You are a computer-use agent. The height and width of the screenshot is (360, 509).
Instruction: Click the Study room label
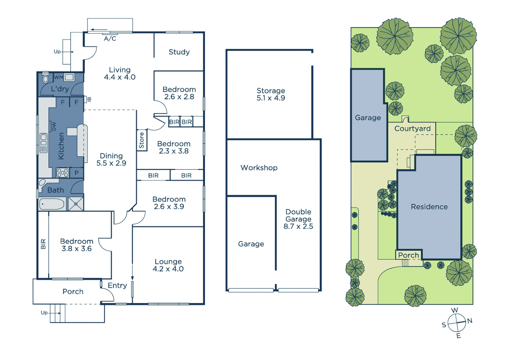(x=179, y=52)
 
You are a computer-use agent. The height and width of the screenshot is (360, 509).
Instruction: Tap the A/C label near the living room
(x=110, y=39)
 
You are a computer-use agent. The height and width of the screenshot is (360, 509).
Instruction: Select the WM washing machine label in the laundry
(x=59, y=77)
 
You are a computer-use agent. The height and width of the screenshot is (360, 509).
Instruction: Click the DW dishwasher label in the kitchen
(x=54, y=127)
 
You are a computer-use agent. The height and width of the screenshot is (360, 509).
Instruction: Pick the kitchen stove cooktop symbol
(x=63, y=173)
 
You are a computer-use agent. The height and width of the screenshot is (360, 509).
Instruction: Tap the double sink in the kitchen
(x=44, y=143)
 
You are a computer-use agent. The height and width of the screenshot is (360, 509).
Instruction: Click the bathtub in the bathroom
(x=52, y=204)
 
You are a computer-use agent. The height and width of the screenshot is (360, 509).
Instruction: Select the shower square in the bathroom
(x=76, y=204)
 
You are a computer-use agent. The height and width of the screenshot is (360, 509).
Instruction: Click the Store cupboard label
(x=142, y=140)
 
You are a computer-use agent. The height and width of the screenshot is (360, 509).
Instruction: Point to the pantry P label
(x=77, y=173)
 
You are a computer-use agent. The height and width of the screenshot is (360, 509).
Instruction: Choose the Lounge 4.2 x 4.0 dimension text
(x=168, y=269)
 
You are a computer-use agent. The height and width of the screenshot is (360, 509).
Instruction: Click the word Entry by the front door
(x=117, y=285)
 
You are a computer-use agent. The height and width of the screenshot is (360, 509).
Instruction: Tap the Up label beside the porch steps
(x=44, y=313)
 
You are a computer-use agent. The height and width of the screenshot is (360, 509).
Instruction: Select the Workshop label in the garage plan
(x=259, y=168)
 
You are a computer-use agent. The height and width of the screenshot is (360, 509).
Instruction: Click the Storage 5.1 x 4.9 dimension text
(x=271, y=98)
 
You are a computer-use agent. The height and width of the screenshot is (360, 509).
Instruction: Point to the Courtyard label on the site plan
(x=412, y=129)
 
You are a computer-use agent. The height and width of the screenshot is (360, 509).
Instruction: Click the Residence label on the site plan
(x=429, y=207)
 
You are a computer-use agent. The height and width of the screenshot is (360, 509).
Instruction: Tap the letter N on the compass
(x=470, y=321)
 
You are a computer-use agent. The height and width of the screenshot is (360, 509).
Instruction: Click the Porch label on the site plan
(x=408, y=255)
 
